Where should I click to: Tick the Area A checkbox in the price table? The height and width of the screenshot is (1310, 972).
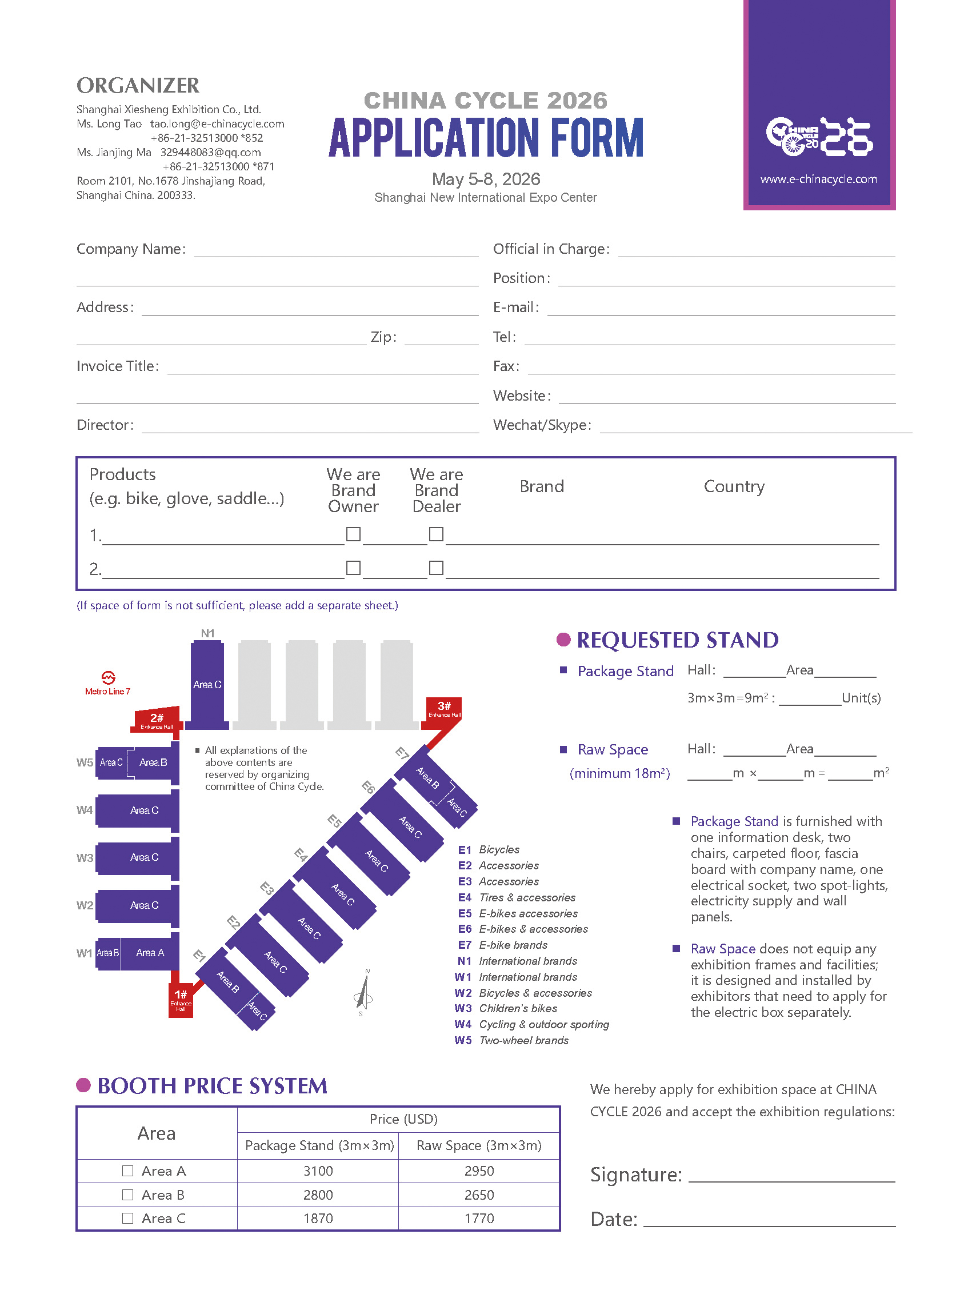click(x=127, y=1171)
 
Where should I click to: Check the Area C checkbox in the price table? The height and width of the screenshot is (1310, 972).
click(x=127, y=1217)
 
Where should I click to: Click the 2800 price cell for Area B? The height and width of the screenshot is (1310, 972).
click(x=318, y=1195)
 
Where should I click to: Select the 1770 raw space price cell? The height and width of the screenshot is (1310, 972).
click(x=479, y=1218)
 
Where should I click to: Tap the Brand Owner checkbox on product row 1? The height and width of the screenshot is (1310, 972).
click(x=353, y=534)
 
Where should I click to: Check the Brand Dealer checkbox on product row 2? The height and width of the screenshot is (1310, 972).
click(x=436, y=568)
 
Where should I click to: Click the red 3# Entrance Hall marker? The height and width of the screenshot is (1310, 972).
click(x=444, y=708)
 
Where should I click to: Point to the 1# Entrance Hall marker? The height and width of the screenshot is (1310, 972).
click(x=181, y=999)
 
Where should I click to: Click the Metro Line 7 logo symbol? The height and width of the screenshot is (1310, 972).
click(x=108, y=677)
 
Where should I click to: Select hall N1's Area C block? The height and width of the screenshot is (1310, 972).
click(x=207, y=684)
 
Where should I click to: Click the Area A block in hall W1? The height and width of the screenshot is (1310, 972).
click(x=150, y=952)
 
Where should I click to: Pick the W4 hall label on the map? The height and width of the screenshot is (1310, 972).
click(x=85, y=810)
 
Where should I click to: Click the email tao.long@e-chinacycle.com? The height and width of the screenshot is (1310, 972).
click(x=217, y=123)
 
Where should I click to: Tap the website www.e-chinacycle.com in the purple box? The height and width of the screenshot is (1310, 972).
click(x=818, y=179)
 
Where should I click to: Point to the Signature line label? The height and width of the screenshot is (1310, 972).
click(x=635, y=1175)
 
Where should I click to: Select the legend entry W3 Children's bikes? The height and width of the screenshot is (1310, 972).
click(x=506, y=1008)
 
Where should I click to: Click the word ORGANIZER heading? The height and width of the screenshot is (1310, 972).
click(x=138, y=85)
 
